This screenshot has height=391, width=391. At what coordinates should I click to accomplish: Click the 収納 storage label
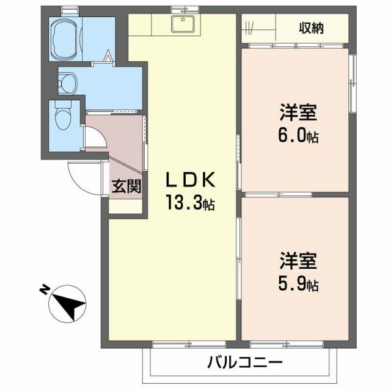(311, 28)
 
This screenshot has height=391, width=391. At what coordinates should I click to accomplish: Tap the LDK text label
(190, 181)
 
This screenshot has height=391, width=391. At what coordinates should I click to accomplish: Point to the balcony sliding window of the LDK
(180, 344)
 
